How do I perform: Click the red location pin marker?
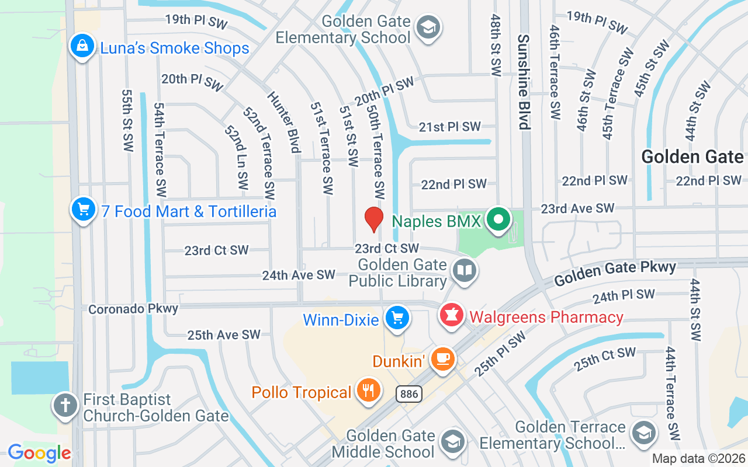tap(374, 219)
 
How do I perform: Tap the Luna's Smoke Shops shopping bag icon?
tap(82, 47)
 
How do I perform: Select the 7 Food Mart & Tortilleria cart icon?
tap(84, 209)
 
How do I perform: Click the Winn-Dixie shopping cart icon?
tap(397, 318)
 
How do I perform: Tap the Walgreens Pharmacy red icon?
tap(451, 316)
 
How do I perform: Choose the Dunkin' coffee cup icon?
tap(442, 358)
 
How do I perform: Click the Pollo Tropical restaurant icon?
tap(368, 391)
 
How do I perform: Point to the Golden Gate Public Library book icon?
tap(465, 271)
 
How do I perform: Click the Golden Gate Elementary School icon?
tap(428, 27)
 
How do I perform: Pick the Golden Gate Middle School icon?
tap(452, 442)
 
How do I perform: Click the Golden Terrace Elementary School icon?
tap(643, 432)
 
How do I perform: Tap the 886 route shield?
tap(409, 394)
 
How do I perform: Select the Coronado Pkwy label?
tap(133, 308)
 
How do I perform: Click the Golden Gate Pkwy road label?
tap(615, 273)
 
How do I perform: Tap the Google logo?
tap(39, 452)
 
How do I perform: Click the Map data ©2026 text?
tap(698, 459)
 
